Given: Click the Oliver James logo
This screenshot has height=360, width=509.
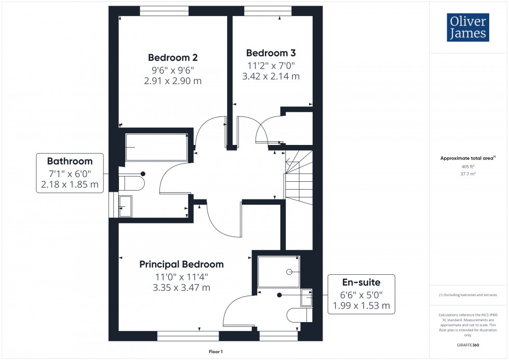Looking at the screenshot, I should [467, 28].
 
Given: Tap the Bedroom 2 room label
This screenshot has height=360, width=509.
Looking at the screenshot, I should [172, 58].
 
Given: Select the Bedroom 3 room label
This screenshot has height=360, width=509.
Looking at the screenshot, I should [271, 53].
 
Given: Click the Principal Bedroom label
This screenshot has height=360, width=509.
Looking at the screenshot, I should [181, 264].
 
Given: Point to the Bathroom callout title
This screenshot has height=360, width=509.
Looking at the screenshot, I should [70, 161].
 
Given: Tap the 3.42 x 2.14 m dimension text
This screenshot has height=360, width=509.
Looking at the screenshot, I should [271, 76].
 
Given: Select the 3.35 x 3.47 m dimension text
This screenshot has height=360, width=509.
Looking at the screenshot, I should [181, 288].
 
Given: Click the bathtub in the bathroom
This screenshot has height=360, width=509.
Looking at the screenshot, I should [157, 147].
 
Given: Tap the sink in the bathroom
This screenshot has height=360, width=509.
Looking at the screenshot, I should [125, 207].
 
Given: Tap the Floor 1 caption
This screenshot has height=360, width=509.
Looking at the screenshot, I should [216, 352].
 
